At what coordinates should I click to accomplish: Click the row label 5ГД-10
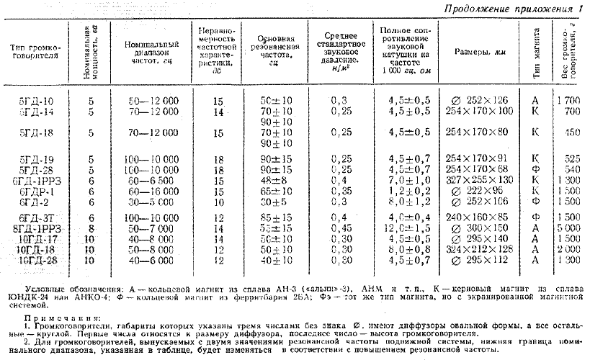tap(36, 100)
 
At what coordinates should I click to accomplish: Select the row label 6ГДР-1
tap(36, 192)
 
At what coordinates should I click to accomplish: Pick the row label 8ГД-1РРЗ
tap(37, 227)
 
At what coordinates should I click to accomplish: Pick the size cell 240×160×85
tap(479, 215)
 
